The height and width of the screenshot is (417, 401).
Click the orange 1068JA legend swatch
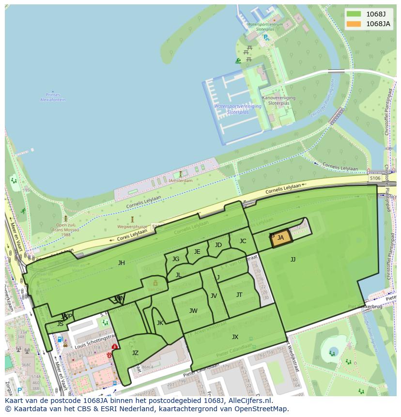[355, 24]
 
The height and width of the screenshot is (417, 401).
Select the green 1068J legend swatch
[355, 14]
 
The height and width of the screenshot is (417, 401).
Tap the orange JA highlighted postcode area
[281, 238]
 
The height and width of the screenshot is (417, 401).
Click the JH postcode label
[122, 263]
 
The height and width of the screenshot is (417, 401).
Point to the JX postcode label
[235, 337]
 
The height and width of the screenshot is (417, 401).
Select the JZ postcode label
[135, 353]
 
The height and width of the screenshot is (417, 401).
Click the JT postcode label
[239, 295]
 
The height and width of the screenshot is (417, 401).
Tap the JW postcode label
[193, 311]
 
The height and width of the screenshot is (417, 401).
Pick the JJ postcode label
[293, 260]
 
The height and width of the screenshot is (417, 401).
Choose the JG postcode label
[176, 259]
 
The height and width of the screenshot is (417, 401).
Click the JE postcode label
[197, 252]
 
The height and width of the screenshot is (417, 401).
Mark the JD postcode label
[218, 245]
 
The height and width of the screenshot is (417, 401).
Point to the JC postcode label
[243, 241]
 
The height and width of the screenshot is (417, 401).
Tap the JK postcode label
[160, 323]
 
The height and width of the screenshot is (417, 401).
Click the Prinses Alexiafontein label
[53, 97]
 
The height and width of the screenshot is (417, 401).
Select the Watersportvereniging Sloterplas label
[238, 109]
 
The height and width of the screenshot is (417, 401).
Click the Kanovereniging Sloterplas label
[278, 100]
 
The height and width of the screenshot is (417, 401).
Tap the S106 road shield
[375, 178]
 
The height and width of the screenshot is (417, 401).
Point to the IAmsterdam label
[180, 181]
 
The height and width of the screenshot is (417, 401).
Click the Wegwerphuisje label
[132, 226]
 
